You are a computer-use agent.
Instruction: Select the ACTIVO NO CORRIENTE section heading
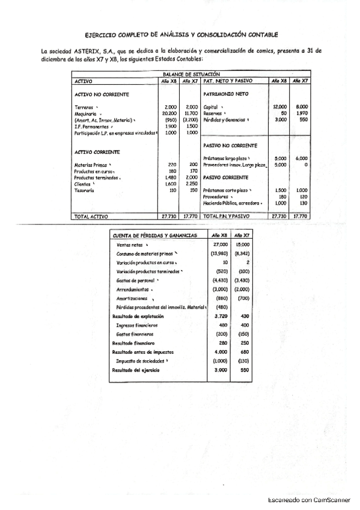(x=101, y=94)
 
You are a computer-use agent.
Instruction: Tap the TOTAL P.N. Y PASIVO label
(x=227, y=215)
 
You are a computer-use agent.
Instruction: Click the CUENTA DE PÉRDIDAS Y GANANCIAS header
(x=155, y=236)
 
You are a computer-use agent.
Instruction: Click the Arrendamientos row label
(x=133, y=290)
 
